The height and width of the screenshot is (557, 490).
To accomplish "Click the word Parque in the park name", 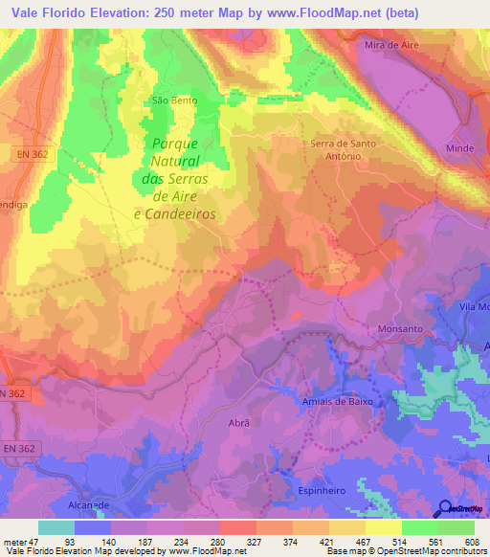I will tap(174, 144).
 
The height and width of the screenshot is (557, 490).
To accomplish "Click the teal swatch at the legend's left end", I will tap(56, 527).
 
